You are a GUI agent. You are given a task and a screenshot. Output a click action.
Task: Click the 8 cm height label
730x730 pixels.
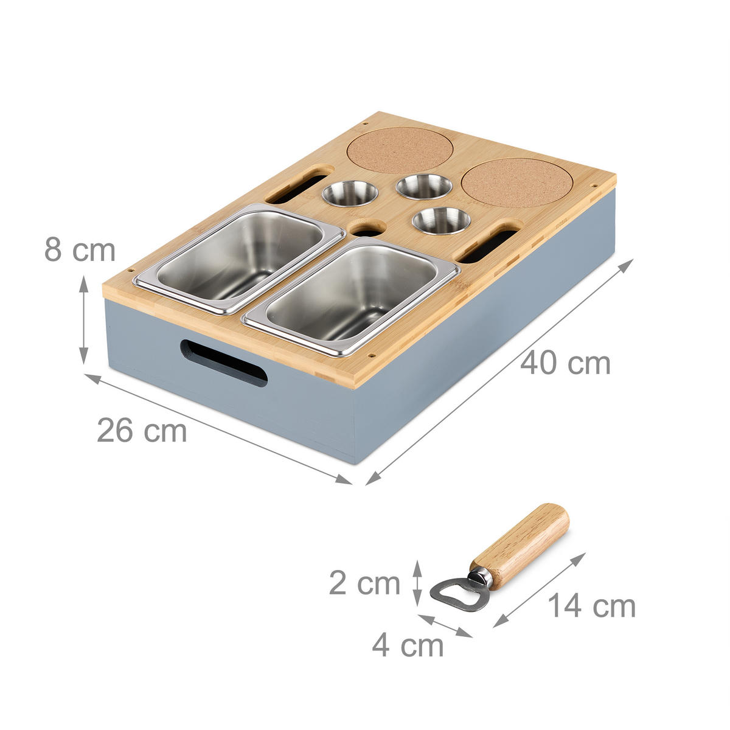80,250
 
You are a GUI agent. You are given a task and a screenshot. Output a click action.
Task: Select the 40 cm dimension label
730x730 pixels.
565,363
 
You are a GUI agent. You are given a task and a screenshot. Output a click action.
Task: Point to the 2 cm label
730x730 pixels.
364,583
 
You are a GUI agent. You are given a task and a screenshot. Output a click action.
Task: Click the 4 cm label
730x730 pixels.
408,645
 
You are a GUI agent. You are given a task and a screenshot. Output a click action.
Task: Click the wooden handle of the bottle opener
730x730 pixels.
520,537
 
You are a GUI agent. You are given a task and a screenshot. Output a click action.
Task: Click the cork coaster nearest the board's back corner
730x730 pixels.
401,150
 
